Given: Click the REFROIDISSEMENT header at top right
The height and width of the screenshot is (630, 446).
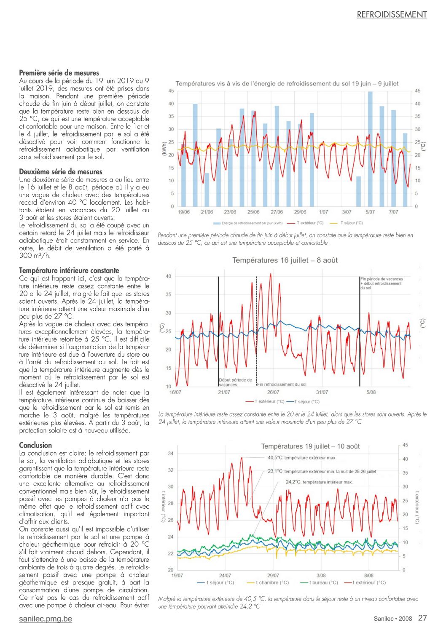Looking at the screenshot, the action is point(392,15).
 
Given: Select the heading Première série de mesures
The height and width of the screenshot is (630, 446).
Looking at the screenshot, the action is point(59,73).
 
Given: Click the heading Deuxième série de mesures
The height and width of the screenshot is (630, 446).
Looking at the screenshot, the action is point(61,171).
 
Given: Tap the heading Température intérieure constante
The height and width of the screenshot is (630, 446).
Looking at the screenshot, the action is point(69,270).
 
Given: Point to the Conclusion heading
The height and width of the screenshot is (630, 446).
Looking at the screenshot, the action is point(35,445).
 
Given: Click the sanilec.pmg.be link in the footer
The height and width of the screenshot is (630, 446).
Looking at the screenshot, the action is point(46,619).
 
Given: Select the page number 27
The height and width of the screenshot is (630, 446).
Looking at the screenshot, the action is point(422,618).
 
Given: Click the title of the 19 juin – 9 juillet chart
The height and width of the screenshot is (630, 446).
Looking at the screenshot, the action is point(287,83).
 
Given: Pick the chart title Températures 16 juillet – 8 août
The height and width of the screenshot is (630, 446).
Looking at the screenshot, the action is point(285,260).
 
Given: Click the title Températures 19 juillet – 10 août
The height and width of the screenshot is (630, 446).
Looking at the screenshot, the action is point(310,446).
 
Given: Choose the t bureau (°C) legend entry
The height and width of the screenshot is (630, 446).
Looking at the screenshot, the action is point(319,582).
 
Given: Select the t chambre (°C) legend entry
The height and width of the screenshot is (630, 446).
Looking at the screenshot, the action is point(268,582).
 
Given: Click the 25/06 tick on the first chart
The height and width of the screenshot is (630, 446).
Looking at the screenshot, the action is point(253,212).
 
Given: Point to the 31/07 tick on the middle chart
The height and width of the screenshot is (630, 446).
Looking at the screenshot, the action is point(322,392).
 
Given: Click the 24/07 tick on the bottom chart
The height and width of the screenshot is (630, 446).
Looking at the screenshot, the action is point(225,575).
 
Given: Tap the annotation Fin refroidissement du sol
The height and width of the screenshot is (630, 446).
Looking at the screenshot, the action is point(282,384).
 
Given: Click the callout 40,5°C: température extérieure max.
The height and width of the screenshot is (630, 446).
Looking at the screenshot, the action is point(302,458).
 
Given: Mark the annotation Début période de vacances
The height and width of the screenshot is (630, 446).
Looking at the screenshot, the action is point(235,382).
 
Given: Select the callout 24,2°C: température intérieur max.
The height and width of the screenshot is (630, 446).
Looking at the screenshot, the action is point(319,482).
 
